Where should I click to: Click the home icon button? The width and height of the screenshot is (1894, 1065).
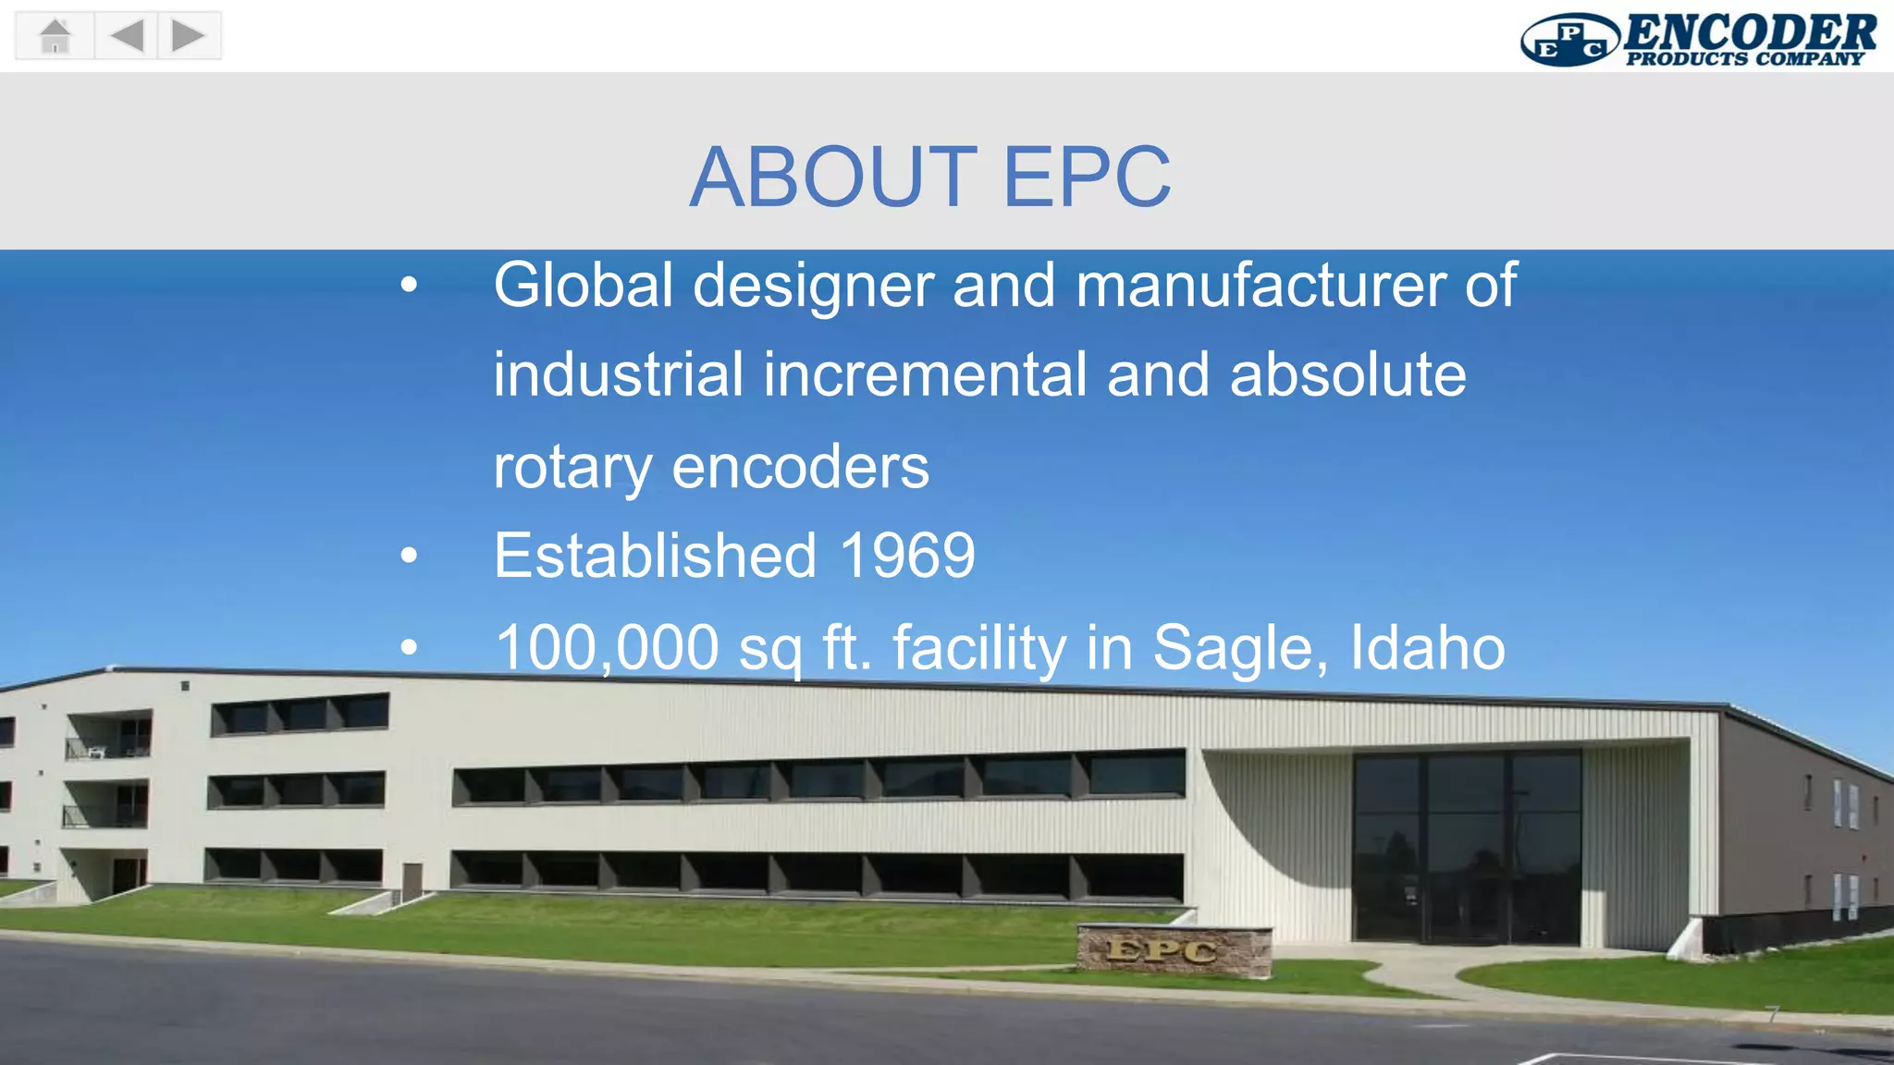pos(55,36)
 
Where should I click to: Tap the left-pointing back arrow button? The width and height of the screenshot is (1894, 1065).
pos(127,36)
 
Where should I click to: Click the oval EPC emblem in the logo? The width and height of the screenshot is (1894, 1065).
pos(1569,41)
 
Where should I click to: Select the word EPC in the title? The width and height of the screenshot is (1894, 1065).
pos(1087,177)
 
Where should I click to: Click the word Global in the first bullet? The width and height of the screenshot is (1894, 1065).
pos(584,285)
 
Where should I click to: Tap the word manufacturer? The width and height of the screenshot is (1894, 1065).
pos(1260,285)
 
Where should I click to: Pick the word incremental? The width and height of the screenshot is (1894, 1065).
pos(925,375)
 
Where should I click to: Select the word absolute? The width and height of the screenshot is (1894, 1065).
pos(1347,375)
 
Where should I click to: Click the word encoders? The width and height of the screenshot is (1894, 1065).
pos(800,467)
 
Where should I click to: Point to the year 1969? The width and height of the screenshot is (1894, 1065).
pos(907,556)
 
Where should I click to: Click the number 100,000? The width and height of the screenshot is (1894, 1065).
pos(607,647)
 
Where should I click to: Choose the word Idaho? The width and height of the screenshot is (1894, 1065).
pos(1427,647)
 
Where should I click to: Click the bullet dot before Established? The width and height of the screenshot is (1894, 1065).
pos(409,557)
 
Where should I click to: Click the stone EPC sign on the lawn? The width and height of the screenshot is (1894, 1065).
pos(1173,950)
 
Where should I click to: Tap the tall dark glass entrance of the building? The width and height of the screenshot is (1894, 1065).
pos(1466,846)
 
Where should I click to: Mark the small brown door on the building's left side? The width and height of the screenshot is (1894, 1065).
pos(412,879)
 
